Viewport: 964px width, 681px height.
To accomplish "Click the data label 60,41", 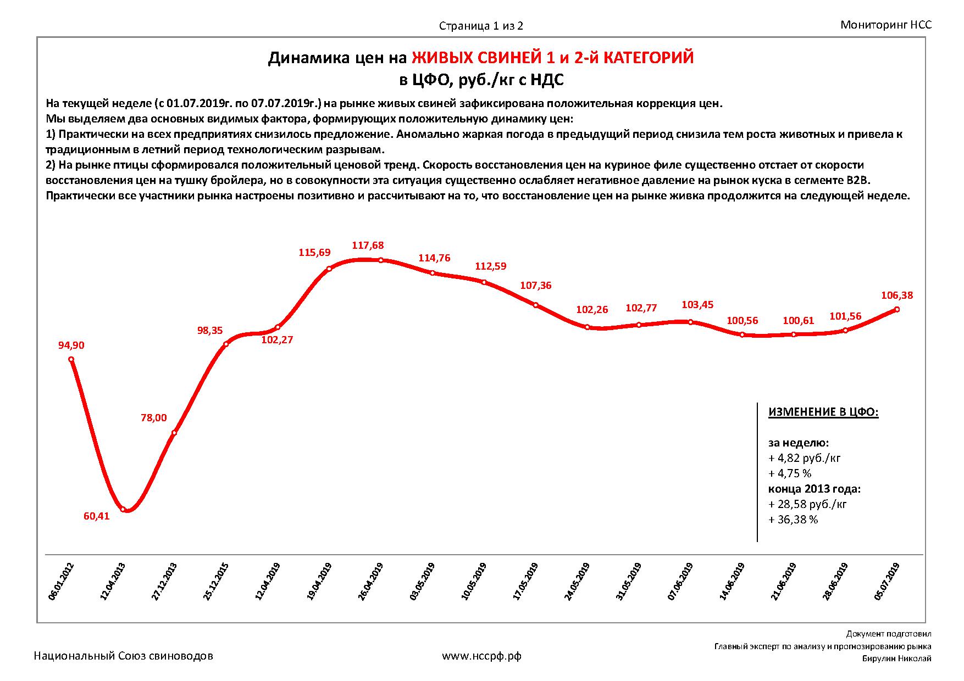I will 97,516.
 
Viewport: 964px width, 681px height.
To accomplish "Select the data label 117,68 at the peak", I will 368,245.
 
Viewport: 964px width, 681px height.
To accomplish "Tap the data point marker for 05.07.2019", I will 897,309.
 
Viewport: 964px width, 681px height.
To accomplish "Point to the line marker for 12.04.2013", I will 123,509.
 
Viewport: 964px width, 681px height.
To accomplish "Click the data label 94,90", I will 71,345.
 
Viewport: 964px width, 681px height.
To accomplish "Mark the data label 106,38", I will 897,295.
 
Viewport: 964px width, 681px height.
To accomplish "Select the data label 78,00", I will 154,418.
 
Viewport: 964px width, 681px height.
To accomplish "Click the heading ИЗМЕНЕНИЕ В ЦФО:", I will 823,412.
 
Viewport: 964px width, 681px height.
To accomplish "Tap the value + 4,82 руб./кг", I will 805,458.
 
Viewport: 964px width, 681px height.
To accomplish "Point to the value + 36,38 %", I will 793,520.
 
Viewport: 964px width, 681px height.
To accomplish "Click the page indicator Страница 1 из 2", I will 481,26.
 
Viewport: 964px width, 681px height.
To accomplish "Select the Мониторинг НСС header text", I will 886,25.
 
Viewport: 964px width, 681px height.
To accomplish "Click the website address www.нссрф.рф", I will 481,656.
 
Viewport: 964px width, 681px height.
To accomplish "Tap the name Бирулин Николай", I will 896,659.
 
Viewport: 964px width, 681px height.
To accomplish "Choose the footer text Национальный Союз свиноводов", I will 124,656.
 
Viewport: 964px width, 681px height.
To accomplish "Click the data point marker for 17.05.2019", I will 536,305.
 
